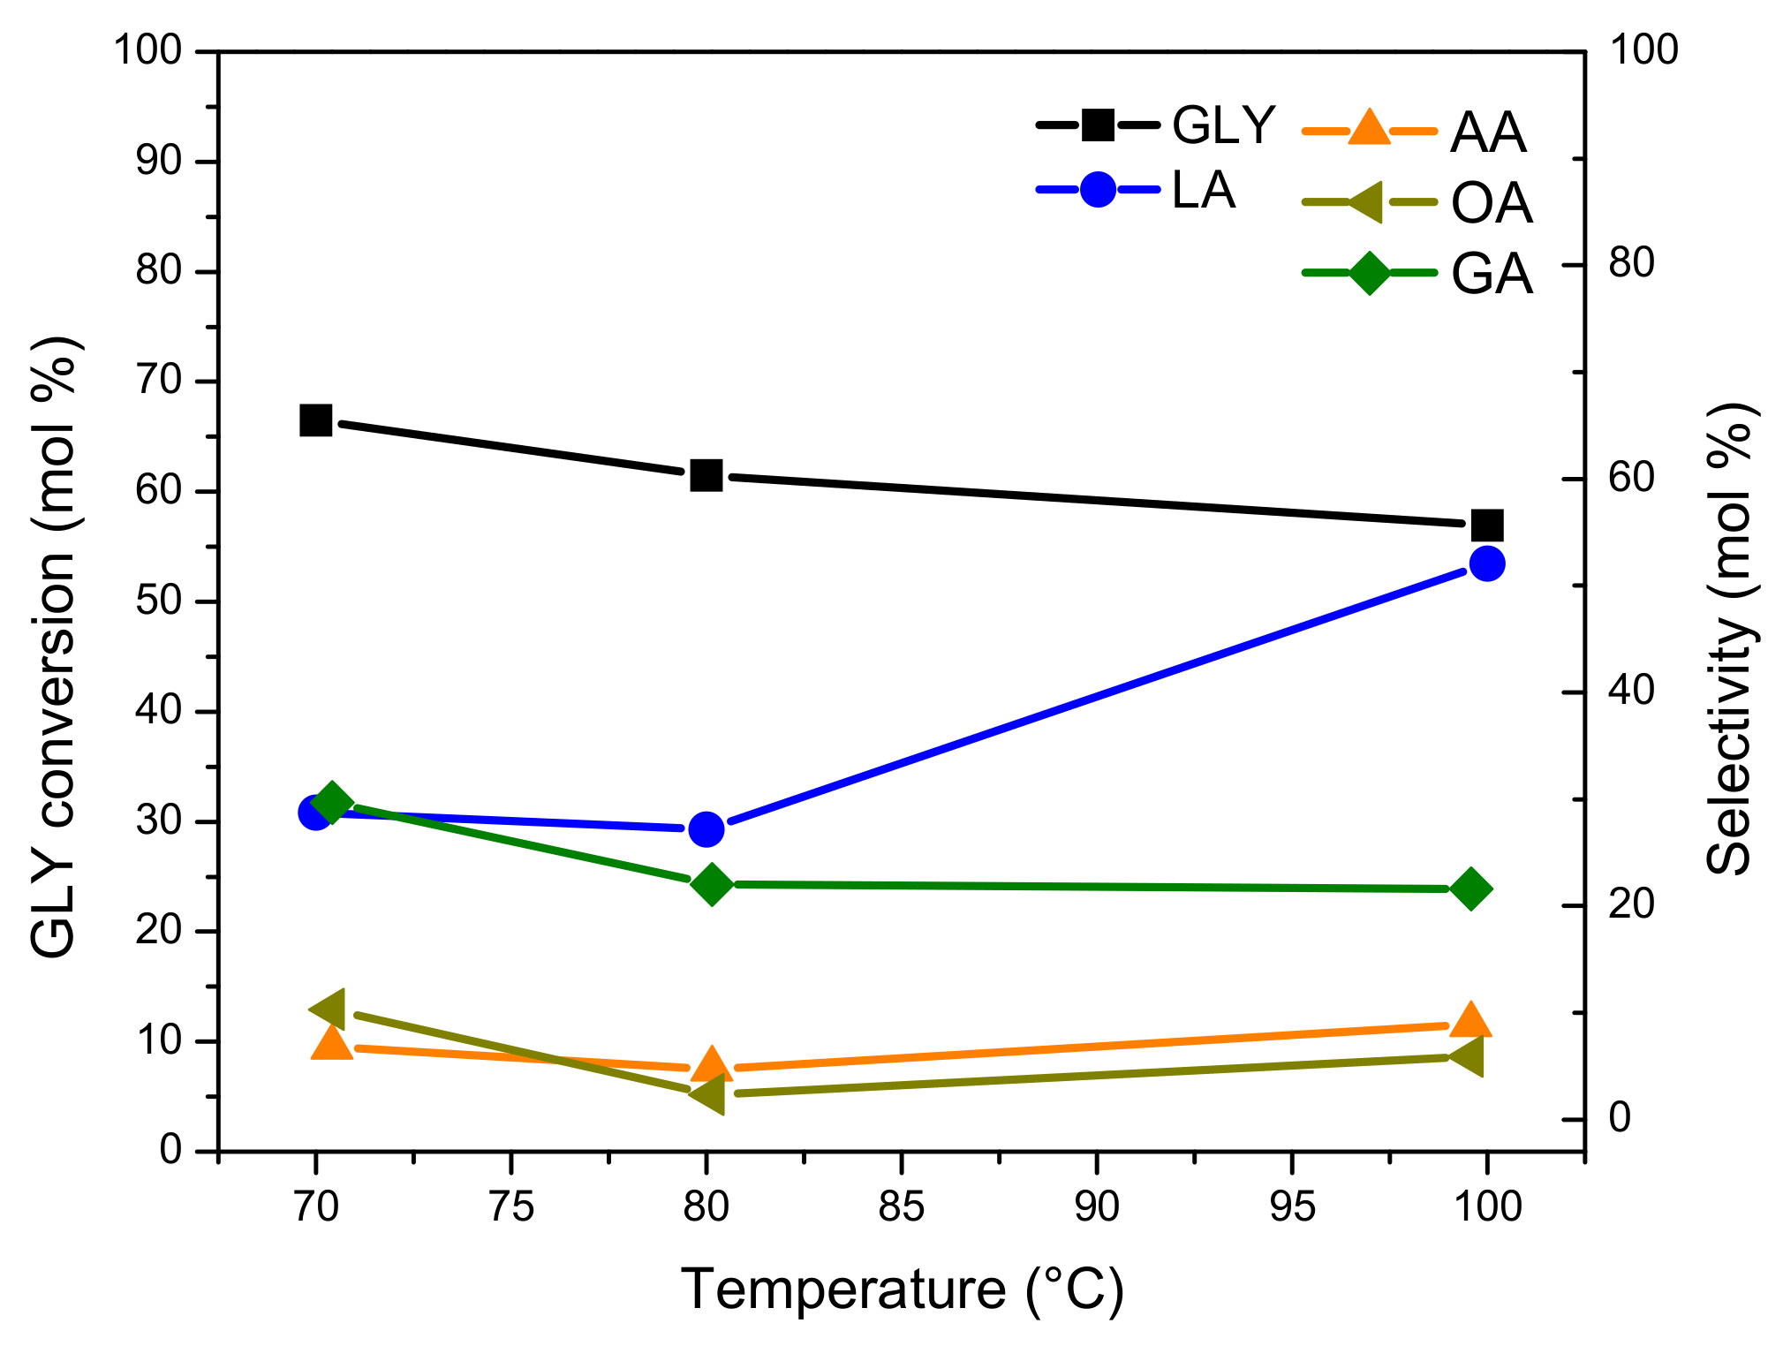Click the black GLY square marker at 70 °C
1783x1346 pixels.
[315, 420]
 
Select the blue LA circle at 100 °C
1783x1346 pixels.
[1487, 563]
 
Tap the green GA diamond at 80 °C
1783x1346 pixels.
[712, 884]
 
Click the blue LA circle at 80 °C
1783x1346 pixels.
[706, 828]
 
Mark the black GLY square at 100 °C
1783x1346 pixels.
[1487, 526]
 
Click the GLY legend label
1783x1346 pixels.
[1223, 125]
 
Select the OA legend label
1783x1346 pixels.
[1492, 203]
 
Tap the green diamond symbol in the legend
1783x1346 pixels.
[1370, 273]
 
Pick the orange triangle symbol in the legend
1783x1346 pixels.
[1370, 128]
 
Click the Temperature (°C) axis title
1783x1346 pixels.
[902, 1289]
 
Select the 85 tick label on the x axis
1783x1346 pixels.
[901, 1206]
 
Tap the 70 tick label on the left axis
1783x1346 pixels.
[158, 381]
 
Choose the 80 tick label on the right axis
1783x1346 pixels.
[1630, 263]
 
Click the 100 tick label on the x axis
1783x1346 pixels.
[1487, 1206]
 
